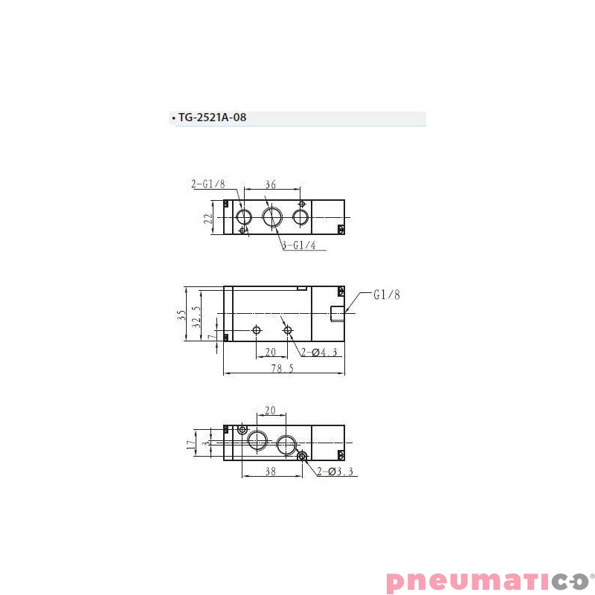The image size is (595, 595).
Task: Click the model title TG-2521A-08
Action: coord(211,118)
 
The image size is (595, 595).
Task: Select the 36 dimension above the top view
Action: coord(271,185)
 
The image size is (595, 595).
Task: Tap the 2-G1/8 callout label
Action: coord(208,184)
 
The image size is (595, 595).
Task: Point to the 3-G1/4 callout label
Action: coord(304,246)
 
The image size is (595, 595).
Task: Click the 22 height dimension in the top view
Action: coord(208,218)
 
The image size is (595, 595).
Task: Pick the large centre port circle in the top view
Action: coord(272,217)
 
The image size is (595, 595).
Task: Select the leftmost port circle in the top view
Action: coord(243,217)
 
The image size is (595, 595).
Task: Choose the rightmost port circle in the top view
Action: coord(301,217)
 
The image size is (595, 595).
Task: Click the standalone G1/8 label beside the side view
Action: coord(386,295)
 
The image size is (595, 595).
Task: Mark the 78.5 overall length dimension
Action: coord(282,369)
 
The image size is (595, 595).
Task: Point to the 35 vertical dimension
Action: coord(181,315)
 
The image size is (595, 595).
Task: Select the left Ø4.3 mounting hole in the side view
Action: coord(257,329)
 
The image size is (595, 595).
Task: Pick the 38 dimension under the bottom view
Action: coord(271,472)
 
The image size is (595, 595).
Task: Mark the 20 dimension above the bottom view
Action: coord(271,411)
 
